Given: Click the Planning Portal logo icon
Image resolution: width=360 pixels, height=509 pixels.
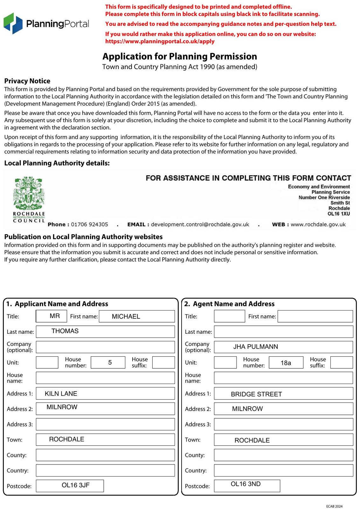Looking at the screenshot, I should tap(13, 23).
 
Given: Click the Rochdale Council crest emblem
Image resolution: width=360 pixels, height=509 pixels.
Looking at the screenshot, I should tap(29, 193).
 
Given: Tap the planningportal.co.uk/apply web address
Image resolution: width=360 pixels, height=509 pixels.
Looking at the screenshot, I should tap(160, 41).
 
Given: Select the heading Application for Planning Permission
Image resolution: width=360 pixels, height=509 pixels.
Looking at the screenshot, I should tap(179, 57).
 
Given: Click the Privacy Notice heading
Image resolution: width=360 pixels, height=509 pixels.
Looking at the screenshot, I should tap(27, 81).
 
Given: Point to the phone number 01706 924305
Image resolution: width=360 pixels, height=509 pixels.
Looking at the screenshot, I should tap(89, 225).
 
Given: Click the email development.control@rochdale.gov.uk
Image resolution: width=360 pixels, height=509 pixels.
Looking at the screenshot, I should tap(200, 225).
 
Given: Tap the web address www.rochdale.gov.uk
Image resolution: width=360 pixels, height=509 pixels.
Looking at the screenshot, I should tap(318, 225).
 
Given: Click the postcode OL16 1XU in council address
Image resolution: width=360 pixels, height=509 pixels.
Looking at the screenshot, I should tap(339, 214).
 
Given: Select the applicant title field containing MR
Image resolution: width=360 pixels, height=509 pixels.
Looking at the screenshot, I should tap(52, 316).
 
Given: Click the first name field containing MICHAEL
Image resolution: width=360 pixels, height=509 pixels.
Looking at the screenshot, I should tap(137, 316).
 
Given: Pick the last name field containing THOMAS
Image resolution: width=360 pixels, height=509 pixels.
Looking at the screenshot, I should tap(105, 331).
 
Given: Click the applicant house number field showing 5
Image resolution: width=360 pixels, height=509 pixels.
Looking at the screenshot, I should tap(108, 362).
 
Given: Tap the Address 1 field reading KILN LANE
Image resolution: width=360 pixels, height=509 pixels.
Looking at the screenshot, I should tap(105, 394).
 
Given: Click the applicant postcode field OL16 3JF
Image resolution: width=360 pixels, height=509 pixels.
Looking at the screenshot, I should tap(70, 486).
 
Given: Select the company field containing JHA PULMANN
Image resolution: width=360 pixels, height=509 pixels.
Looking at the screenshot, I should tap(283, 347).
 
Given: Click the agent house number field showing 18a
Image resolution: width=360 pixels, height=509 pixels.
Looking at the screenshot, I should tap(286, 363).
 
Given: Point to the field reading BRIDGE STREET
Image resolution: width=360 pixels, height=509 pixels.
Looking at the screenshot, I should tap(283, 394).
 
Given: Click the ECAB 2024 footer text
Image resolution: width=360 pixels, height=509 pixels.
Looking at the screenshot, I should tap(334, 506).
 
